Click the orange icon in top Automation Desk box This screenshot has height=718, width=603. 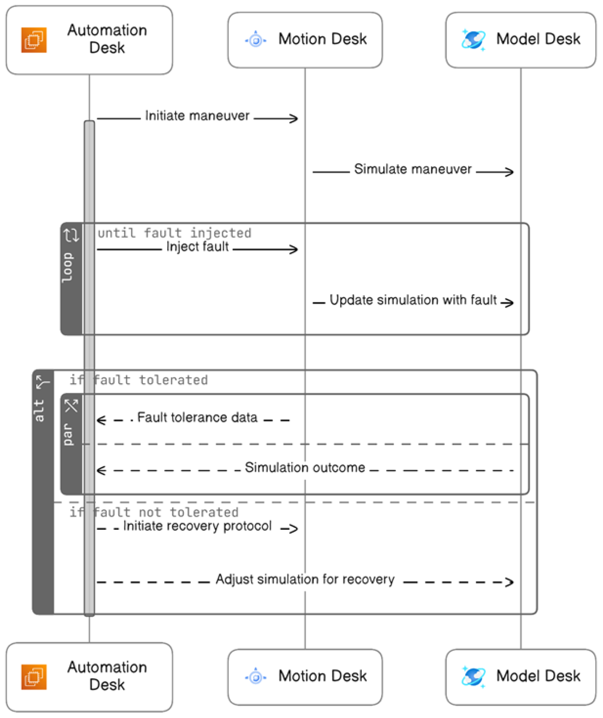pos(34,40)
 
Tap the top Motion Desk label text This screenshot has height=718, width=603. pos(322,39)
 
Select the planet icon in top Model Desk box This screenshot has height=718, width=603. pos(473,40)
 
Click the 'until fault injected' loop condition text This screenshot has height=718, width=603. pos(174,233)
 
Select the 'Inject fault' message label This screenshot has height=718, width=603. pos(197,247)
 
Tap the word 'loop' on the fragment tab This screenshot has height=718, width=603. pos(67,267)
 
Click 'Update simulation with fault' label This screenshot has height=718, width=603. pos(413,300)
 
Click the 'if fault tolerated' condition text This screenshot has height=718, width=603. pos(138,380)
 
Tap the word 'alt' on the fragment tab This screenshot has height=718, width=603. pos(39,410)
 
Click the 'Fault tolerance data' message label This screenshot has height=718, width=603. pos(197,418)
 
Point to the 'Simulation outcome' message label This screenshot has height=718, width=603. pos(305,467)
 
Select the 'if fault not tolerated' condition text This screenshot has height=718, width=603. pos(154,512)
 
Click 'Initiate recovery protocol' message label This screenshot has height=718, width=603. pos(197,526)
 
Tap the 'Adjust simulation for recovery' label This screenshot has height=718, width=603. pos(305,579)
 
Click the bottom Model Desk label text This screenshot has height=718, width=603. pos(538,676)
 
